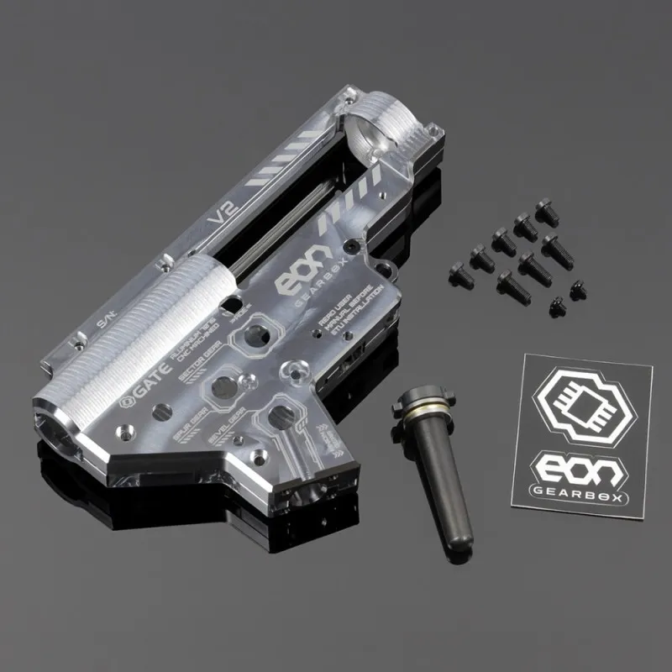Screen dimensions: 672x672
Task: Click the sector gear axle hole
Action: pos(223,386)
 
